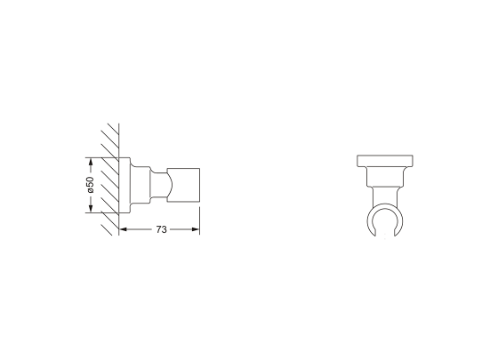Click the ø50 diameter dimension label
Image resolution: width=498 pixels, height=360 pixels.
[x=90, y=186]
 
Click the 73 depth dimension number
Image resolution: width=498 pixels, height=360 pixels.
[x=161, y=229]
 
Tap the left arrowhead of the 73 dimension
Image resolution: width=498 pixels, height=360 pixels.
[x=123, y=229]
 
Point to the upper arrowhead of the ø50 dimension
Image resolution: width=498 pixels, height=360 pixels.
[x=90, y=163]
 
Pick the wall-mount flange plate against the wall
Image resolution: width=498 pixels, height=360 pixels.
[x=124, y=186]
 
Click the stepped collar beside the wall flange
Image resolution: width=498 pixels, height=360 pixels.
[x=138, y=186]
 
